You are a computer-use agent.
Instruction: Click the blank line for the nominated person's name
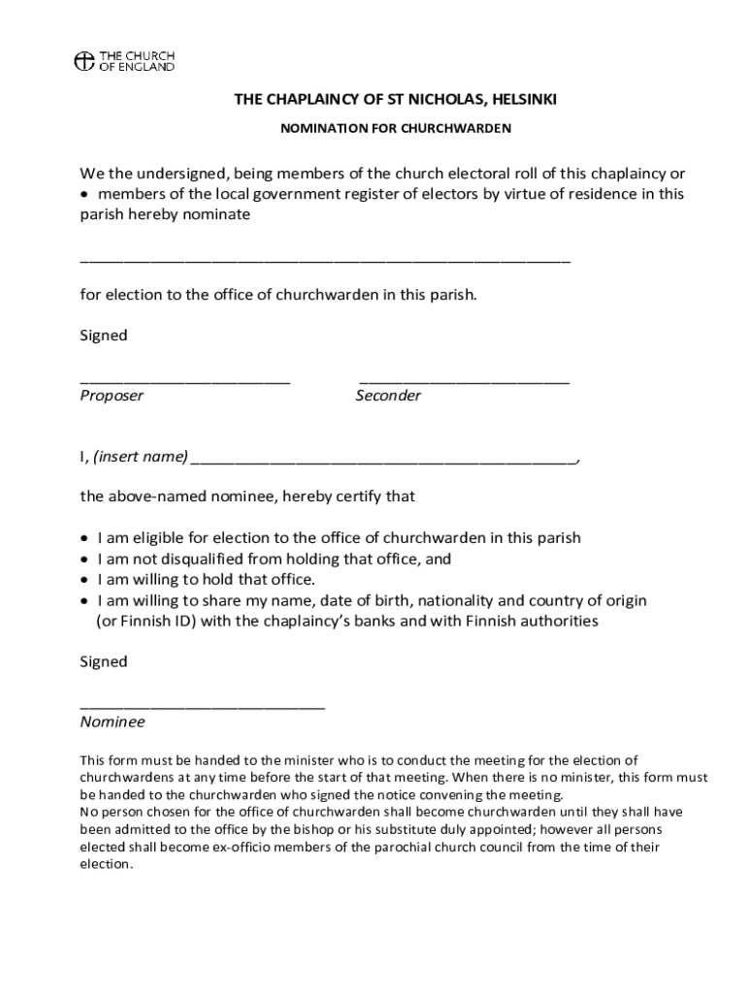pos(325,261)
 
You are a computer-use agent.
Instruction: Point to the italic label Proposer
pos(112,396)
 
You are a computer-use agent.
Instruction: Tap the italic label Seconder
pos(388,396)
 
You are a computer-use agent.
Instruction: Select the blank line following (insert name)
pos(385,460)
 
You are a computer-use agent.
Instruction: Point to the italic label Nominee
pos(113,722)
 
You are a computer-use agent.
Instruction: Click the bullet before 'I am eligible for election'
pos(85,538)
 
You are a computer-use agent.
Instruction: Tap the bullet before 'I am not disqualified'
pos(85,560)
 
